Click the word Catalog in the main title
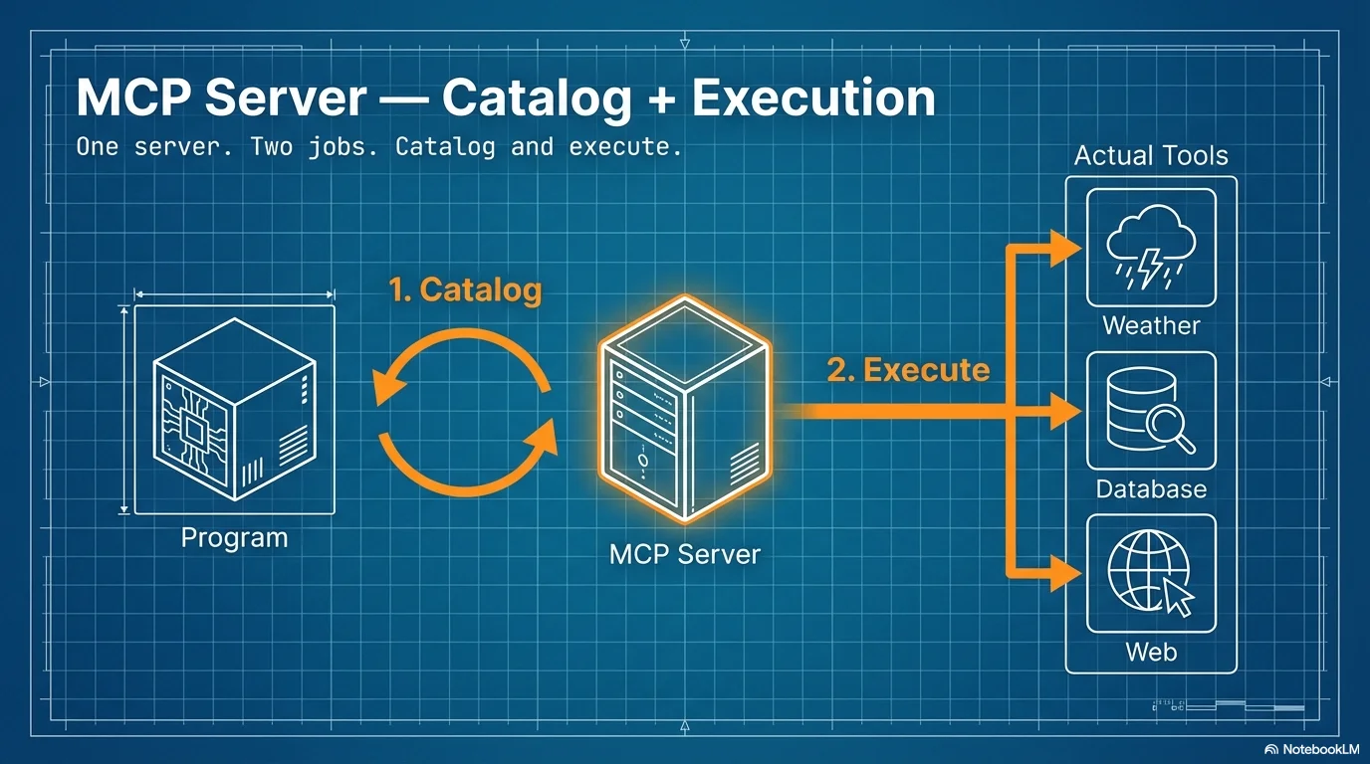point(537,98)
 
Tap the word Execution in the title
point(813,98)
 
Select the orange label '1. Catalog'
point(465,289)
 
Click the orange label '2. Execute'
point(908,370)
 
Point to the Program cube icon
point(234,409)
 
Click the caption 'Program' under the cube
point(234,538)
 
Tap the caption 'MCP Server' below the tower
point(684,554)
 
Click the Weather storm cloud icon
point(1151,248)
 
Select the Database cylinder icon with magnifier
point(1151,411)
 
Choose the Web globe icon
point(1151,573)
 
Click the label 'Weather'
point(1151,325)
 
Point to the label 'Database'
point(1151,488)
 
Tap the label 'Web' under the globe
point(1151,652)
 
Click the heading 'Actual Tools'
point(1151,156)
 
